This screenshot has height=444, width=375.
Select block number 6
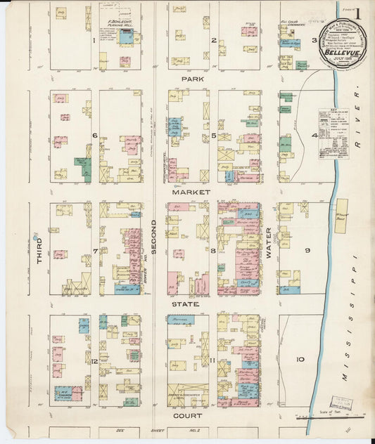(x=94, y=135)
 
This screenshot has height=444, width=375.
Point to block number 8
(x=212, y=249)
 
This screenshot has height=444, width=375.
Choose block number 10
(x=300, y=360)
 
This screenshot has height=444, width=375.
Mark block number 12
(x=94, y=361)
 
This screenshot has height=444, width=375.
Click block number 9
(x=307, y=249)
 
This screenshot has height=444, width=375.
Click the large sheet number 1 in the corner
(x=358, y=13)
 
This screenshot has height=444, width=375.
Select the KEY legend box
(x=333, y=132)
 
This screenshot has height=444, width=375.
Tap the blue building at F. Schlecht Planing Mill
(x=126, y=37)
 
